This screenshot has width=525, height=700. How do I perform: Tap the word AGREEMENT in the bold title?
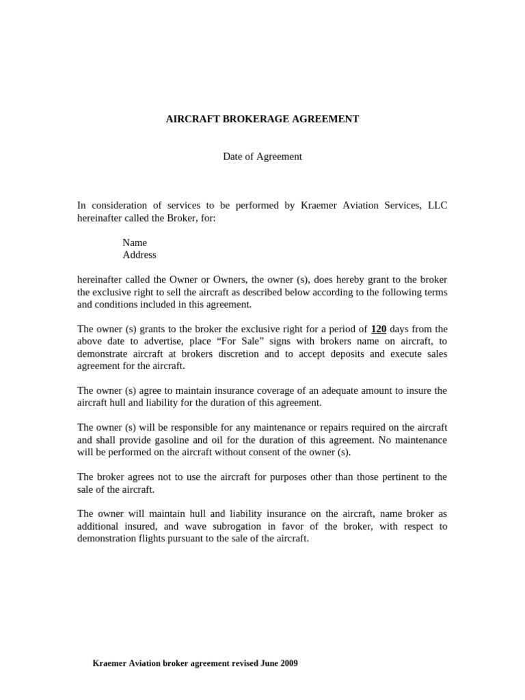[325, 119]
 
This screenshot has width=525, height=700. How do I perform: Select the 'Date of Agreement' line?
[262, 157]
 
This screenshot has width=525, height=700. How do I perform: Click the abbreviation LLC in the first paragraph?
[437, 206]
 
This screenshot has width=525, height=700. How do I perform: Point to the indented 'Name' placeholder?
[135, 243]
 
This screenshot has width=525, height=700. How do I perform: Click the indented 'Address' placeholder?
[139, 255]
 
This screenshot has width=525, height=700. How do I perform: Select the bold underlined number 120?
[379, 329]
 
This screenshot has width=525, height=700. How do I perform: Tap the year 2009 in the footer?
[288, 663]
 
